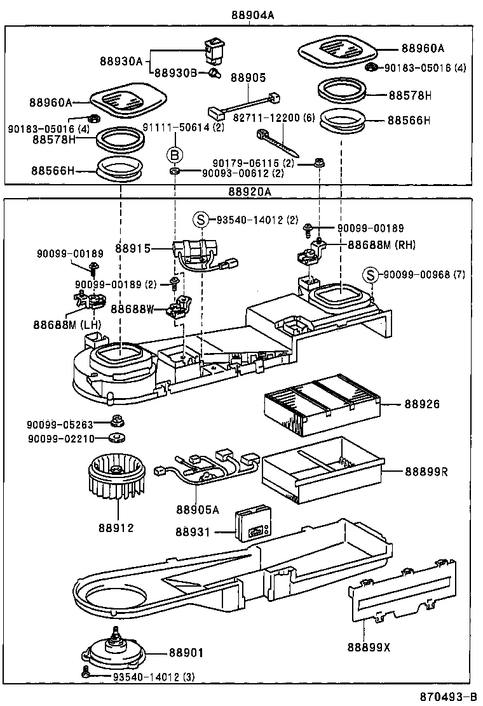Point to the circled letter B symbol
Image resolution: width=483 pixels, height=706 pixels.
(174, 154)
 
